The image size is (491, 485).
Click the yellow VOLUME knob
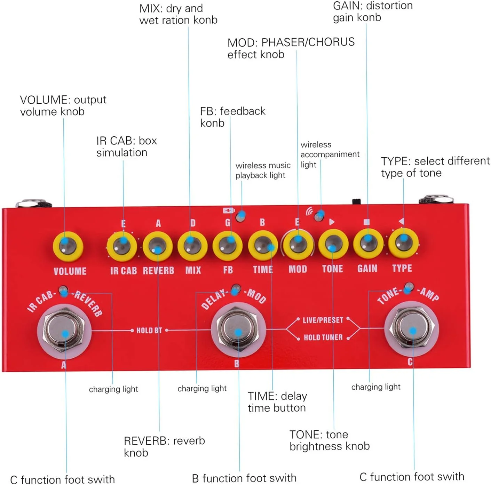click(x=68, y=246)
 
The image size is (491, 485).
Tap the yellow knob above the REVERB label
click(x=157, y=246)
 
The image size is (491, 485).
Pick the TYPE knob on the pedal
click(x=403, y=243)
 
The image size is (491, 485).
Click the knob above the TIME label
click(x=263, y=245)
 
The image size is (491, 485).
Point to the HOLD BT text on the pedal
click(x=149, y=330)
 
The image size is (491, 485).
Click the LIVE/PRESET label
click(x=323, y=320)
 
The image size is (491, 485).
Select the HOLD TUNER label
click(x=323, y=337)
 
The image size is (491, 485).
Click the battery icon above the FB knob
click(x=229, y=210)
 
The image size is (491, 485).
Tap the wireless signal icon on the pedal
click(x=309, y=211)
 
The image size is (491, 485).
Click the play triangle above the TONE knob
click(x=332, y=222)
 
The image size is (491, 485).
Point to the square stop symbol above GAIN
click(x=366, y=222)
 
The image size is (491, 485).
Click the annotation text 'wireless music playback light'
click(x=263, y=170)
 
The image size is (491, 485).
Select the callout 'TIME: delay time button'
click(x=277, y=402)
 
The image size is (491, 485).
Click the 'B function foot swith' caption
click(x=244, y=478)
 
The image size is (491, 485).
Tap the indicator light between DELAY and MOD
click(x=236, y=288)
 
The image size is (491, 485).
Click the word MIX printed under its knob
click(x=193, y=270)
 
